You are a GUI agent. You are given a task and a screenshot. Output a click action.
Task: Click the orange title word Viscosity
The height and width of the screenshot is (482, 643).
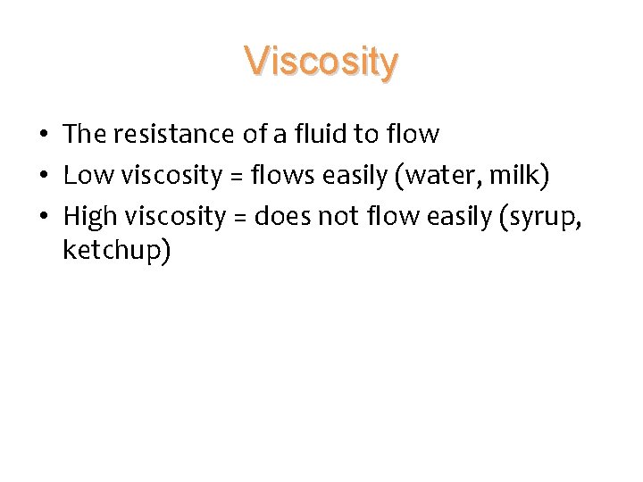(x=321, y=62)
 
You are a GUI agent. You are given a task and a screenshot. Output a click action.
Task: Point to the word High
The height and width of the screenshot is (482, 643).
(x=90, y=217)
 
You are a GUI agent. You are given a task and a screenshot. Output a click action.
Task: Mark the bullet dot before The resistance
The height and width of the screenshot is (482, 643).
(x=43, y=136)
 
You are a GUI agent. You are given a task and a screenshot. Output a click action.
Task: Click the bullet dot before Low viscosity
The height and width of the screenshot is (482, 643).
(x=43, y=177)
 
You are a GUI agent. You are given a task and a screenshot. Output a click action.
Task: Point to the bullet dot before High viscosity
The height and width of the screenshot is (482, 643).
(x=43, y=218)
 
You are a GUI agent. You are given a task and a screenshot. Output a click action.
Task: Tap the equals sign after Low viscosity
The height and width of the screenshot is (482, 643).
(x=237, y=177)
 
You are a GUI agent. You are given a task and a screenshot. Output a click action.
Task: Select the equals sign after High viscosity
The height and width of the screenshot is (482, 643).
(x=240, y=218)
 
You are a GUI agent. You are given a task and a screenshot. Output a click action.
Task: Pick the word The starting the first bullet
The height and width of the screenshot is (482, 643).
(x=84, y=135)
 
